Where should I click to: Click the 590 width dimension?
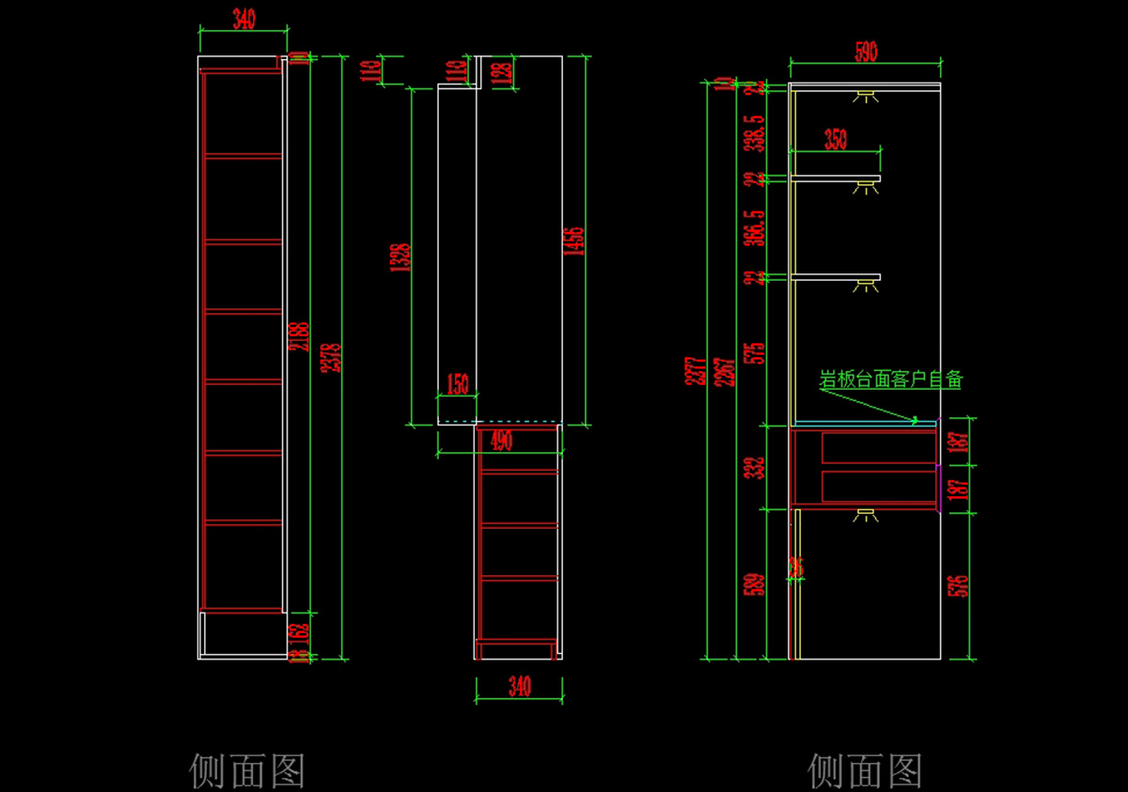[x=866, y=53]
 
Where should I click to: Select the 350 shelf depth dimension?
[x=835, y=140]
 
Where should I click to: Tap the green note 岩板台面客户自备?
[x=891, y=380]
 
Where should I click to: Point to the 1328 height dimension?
[x=400, y=257]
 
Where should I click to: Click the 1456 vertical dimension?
[x=576, y=241]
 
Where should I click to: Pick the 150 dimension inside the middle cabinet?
[x=457, y=384]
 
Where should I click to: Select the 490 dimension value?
[x=502, y=441]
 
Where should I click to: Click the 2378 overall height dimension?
[x=330, y=357]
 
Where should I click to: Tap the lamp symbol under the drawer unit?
[x=866, y=515]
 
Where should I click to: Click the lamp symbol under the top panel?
[x=866, y=96]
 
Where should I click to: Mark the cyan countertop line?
[x=865, y=423]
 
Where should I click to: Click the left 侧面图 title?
[x=247, y=770]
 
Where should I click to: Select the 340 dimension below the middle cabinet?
[x=519, y=687]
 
